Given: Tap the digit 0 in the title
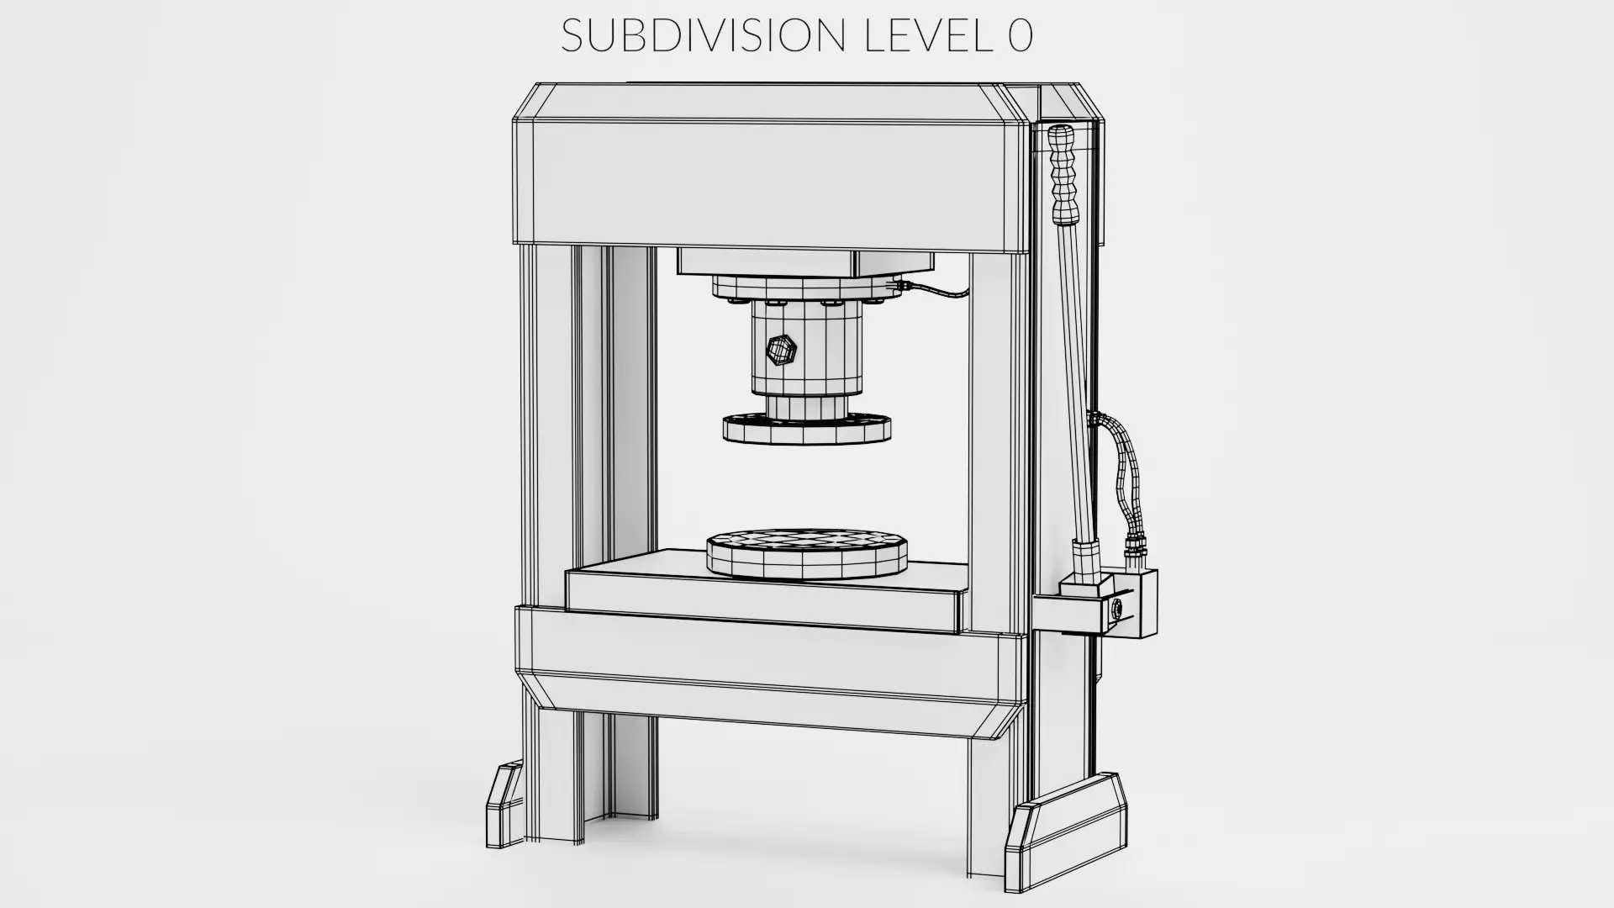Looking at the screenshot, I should click(1020, 36).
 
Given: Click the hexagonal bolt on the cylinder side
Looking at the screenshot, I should click(782, 351).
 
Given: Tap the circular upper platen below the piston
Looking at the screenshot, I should click(807, 429).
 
